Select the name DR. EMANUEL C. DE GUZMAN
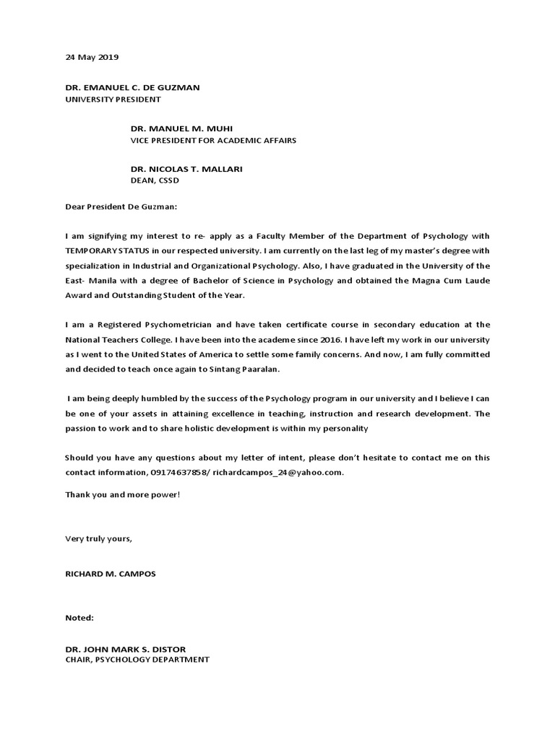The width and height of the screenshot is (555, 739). tap(132, 87)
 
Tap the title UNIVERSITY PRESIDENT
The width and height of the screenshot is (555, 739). tap(113, 99)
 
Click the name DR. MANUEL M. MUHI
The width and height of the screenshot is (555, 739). tap(181, 128)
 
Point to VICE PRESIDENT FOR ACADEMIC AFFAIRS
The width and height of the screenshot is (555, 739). tap(213, 140)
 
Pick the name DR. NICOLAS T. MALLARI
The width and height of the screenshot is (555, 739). tap(186, 169)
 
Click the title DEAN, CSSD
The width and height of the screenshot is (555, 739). tap(154, 180)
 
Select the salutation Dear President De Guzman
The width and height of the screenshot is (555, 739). tap(120, 206)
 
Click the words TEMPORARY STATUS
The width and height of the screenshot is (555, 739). tap(108, 250)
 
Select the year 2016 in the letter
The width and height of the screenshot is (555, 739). tap(374, 340)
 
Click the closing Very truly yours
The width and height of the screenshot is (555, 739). tap(98, 538)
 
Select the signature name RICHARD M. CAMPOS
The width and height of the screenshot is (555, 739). tap(110, 574)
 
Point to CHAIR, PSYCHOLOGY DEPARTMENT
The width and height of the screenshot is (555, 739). tap(137, 659)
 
